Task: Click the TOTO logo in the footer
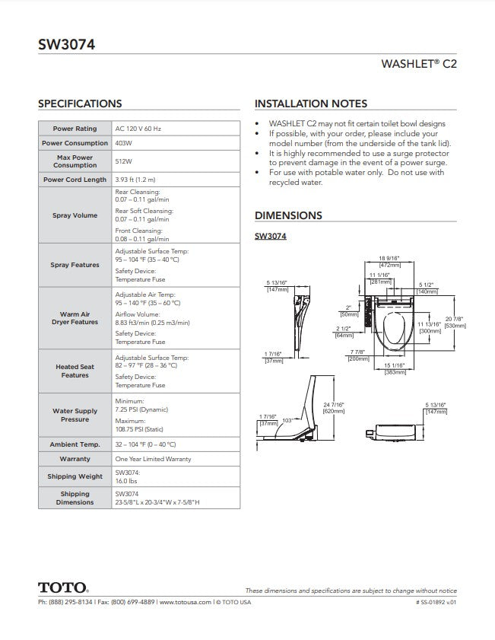(63, 587)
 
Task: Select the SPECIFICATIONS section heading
(80, 103)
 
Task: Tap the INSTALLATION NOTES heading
(311, 103)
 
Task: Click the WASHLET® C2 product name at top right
(419, 65)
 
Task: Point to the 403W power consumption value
(122, 143)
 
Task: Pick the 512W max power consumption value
(122, 161)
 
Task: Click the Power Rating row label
(75, 129)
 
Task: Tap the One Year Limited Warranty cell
(153, 459)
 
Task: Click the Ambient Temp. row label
(75, 444)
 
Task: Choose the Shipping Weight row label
(75, 476)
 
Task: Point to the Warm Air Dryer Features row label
(75, 317)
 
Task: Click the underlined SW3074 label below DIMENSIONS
(270, 237)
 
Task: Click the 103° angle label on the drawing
(287, 420)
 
